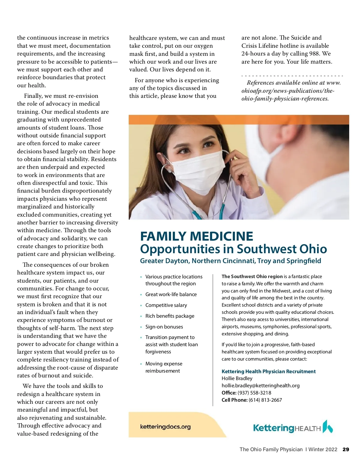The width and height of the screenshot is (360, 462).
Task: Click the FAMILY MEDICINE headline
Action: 196,236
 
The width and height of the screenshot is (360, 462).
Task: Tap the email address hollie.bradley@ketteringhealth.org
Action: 260,385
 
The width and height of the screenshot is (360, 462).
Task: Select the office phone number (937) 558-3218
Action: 254,393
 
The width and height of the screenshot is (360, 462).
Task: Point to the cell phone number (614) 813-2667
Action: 265,400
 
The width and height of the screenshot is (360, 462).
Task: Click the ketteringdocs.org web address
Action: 165,427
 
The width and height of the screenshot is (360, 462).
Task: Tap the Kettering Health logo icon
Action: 328,427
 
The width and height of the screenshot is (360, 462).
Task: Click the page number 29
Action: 346,449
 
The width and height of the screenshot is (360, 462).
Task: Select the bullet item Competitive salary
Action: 166,305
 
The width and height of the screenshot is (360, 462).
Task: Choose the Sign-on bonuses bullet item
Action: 164,327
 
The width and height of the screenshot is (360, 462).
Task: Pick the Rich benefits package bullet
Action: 170,316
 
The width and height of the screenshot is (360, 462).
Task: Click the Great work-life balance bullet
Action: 171,294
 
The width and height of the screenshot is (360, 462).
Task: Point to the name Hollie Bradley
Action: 237,378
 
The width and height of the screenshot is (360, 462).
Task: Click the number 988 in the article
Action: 314,54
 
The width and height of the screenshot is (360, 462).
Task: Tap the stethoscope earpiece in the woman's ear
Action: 170,171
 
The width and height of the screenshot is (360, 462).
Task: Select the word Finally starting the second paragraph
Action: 33,96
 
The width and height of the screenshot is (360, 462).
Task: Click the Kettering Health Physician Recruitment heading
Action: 268,371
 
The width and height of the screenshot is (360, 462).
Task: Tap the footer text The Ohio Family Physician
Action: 271,449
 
